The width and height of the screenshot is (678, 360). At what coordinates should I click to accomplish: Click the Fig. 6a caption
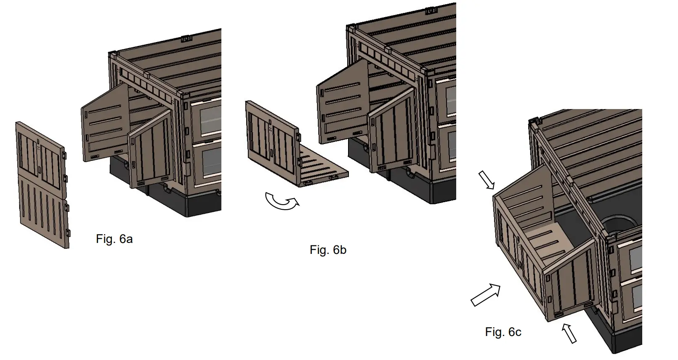click(x=114, y=239)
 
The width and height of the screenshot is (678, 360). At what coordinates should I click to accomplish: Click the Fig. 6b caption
click(x=328, y=250)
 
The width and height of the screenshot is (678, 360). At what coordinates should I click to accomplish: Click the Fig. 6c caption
click(x=503, y=332)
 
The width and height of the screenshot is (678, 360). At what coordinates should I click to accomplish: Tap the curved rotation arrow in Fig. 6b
click(x=282, y=202)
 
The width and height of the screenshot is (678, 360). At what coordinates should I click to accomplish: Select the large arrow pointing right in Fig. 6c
click(x=486, y=295)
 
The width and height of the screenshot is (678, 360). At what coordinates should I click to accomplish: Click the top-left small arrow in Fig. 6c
click(x=487, y=180)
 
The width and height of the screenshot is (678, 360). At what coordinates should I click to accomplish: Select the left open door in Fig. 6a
click(x=105, y=124)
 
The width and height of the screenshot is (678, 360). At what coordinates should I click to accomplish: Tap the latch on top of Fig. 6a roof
click(x=186, y=39)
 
